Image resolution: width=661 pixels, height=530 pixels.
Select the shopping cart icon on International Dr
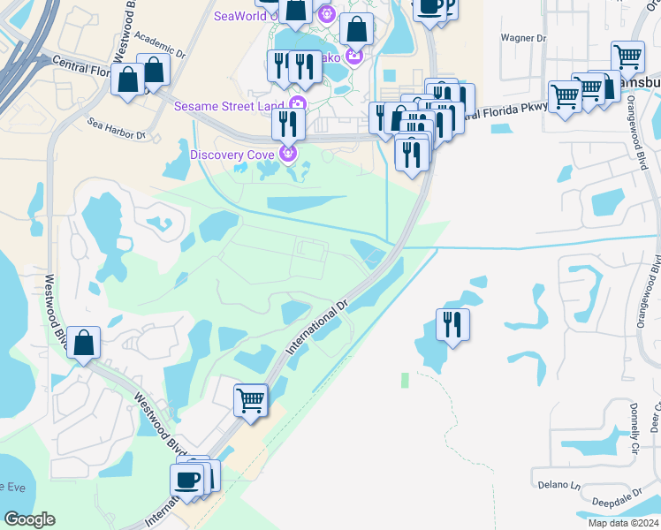(250, 399)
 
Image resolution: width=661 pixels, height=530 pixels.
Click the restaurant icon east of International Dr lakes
(452, 325)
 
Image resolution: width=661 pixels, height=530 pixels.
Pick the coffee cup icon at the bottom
(186, 480)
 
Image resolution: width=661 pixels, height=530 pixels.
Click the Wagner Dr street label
(523, 38)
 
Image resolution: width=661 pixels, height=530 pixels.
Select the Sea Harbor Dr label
(117, 128)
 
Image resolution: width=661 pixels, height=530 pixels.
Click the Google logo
(29, 519)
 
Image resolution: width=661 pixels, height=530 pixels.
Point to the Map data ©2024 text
(611, 523)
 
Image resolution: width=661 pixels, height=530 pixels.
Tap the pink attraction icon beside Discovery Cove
(286, 155)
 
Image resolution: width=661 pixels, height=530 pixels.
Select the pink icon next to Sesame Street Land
(298, 104)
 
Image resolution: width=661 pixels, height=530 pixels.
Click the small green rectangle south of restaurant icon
(405, 380)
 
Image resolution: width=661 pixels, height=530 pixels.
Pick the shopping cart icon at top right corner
(627, 57)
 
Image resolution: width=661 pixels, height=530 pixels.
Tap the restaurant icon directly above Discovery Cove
(288, 123)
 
